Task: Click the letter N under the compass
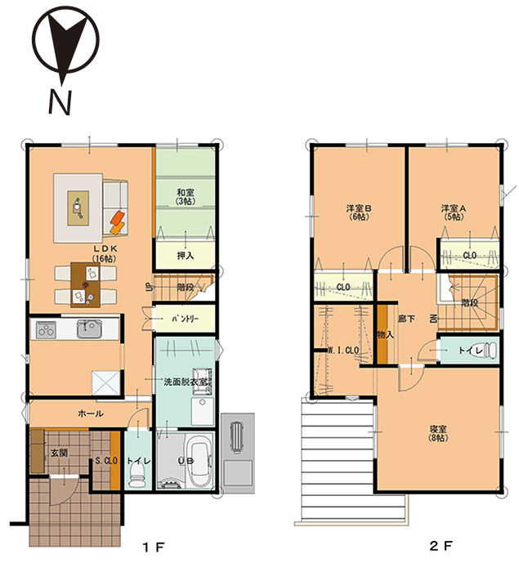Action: pyautogui.click(x=59, y=102)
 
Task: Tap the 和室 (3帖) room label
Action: pyautogui.click(x=186, y=197)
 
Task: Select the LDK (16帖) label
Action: pyautogui.click(x=105, y=253)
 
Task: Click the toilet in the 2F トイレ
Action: pyautogui.click(x=489, y=350)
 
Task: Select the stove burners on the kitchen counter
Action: pyautogui.click(x=47, y=330)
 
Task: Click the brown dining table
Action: pyautogui.click(x=85, y=285)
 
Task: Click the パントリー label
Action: pyautogui.click(x=186, y=320)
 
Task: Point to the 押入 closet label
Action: pyautogui.click(x=186, y=256)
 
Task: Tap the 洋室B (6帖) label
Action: pyautogui.click(x=358, y=212)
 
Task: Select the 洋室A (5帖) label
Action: pyautogui.click(x=454, y=212)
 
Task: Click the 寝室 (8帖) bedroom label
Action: pyautogui.click(x=438, y=433)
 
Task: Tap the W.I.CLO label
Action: pyautogui.click(x=343, y=351)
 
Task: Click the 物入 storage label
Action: pyautogui.click(x=385, y=334)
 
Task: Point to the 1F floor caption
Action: pyautogui.click(x=154, y=547)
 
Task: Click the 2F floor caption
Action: pyautogui.click(x=441, y=546)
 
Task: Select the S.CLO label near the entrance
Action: pyautogui.click(x=106, y=461)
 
